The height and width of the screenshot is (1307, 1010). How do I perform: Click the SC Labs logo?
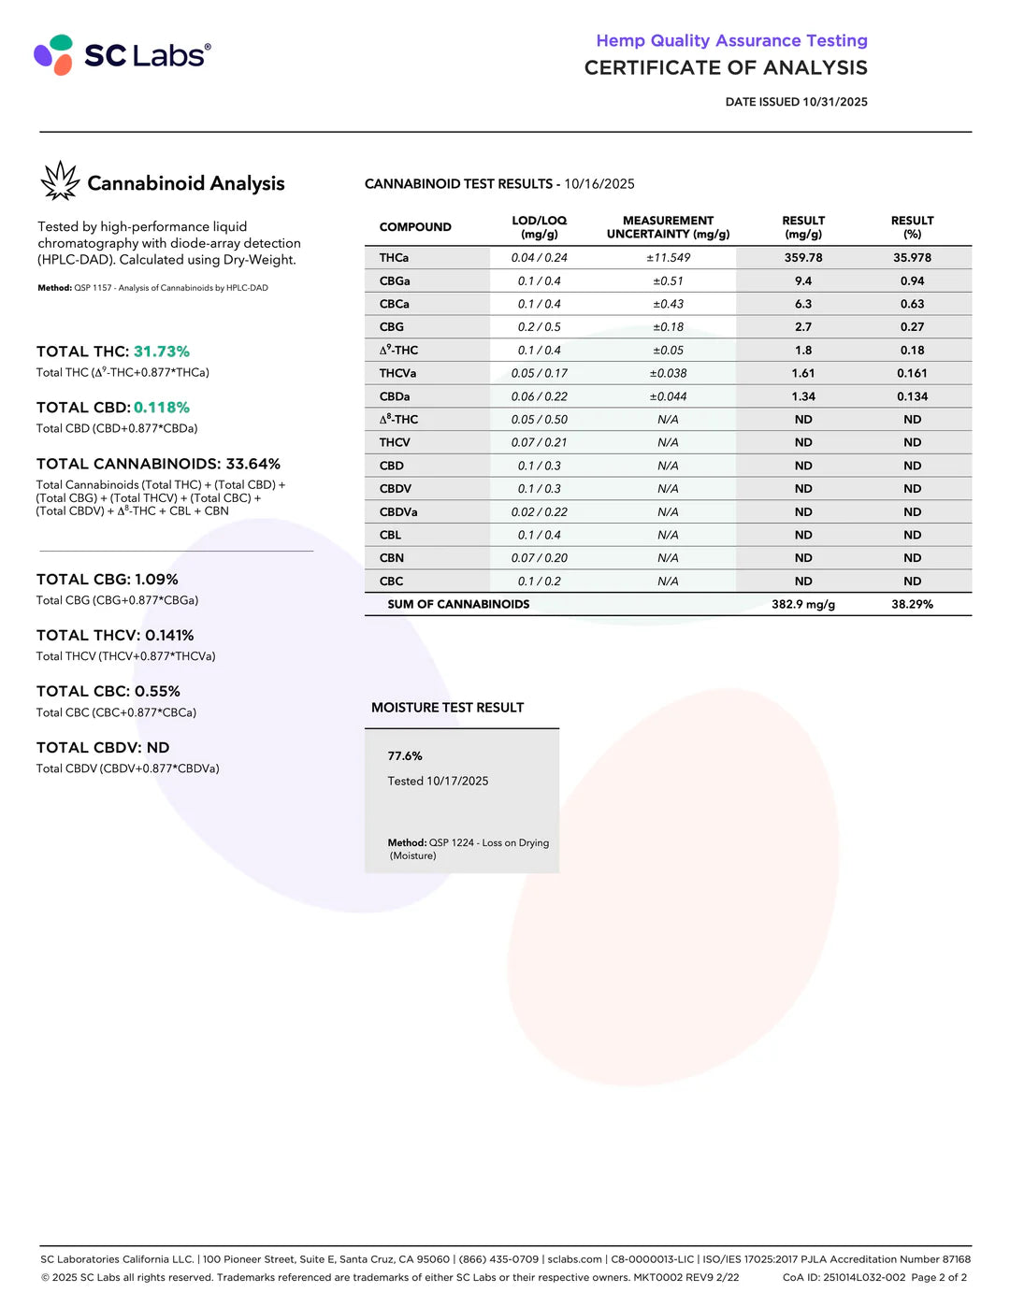(x=122, y=55)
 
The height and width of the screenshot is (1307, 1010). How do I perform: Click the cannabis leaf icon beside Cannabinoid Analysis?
(x=61, y=181)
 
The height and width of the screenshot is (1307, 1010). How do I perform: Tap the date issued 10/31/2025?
(x=834, y=102)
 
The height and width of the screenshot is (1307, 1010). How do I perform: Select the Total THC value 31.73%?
(x=162, y=352)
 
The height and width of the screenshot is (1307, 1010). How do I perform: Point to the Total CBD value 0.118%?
(x=162, y=408)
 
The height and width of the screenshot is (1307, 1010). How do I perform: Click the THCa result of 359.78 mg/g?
(x=803, y=258)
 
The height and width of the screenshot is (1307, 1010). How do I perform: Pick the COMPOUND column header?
(x=415, y=227)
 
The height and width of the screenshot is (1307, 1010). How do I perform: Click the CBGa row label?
(x=395, y=281)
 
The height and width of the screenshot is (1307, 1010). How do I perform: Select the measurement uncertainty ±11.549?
(x=668, y=258)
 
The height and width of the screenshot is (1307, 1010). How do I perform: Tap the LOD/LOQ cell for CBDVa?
(x=539, y=512)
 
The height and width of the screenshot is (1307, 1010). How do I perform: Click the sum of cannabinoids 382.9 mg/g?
(x=803, y=605)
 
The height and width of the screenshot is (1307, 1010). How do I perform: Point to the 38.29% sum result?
(x=912, y=605)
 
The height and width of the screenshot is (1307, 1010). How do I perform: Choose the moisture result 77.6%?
(x=405, y=756)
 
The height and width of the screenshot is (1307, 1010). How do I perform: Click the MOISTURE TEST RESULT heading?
(x=447, y=708)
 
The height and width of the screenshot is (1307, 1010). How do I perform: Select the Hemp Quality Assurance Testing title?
(x=731, y=41)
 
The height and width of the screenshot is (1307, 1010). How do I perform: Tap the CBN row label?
(x=392, y=558)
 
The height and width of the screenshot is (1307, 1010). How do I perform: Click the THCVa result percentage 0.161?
(x=912, y=373)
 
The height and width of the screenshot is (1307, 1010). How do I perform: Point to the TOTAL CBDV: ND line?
(x=103, y=748)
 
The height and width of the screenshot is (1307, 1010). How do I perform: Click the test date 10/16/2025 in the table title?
(x=599, y=184)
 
